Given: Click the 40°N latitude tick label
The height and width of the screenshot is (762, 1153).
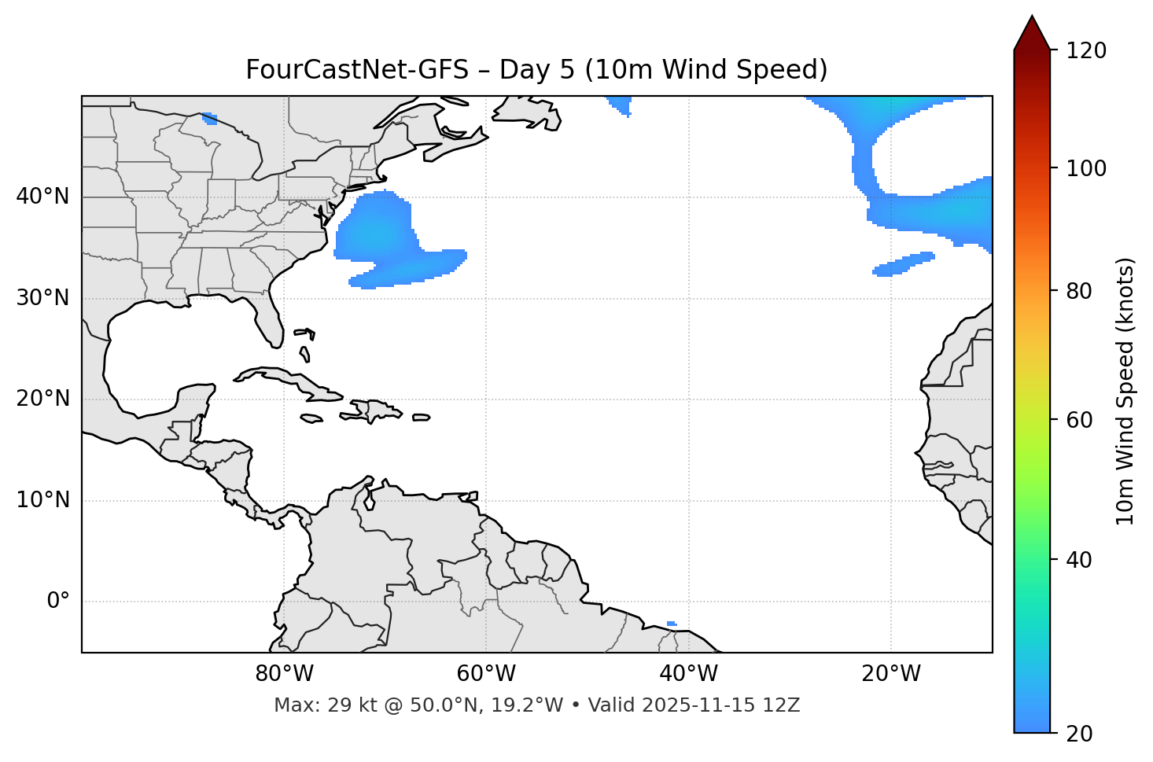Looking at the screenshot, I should pyautogui.click(x=42, y=197).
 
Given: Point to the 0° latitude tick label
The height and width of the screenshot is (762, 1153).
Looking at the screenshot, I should pyautogui.click(x=58, y=602).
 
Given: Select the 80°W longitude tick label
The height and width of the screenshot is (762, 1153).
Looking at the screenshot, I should pyautogui.click(x=284, y=674).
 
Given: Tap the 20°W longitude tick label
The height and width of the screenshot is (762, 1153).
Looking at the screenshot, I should pyautogui.click(x=891, y=674).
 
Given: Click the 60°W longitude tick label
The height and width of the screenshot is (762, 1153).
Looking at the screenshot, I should pyautogui.click(x=486, y=674).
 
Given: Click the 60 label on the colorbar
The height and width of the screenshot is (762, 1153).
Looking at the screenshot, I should pyautogui.click(x=1080, y=420).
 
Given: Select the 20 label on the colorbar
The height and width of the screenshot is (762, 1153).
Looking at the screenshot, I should pyautogui.click(x=1080, y=734).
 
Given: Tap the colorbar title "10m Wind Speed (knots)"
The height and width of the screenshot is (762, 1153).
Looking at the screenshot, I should pyautogui.click(x=1125, y=391).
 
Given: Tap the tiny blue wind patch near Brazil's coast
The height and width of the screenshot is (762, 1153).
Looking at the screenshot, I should pyautogui.click(x=671, y=624).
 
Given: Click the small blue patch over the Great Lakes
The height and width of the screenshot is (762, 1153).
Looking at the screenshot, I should pyautogui.click(x=210, y=119).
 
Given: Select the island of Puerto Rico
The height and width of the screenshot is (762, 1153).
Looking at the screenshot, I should pyautogui.click(x=422, y=418).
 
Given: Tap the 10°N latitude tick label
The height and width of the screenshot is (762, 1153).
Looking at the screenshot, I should pyautogui.click(x=42, y=500).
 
